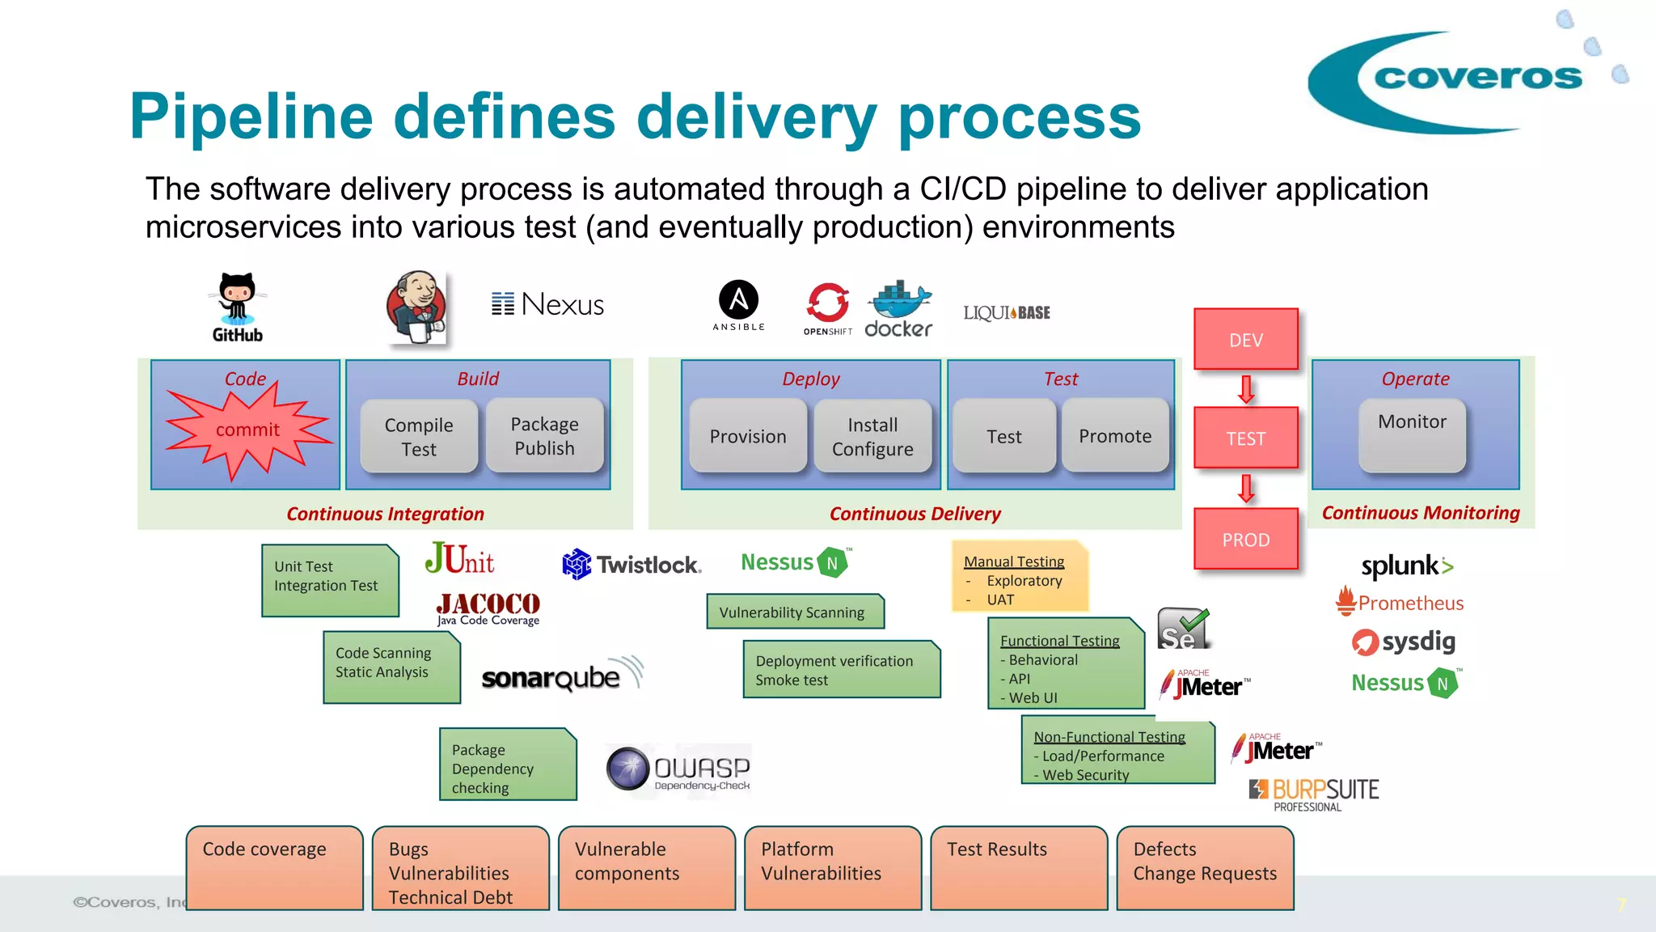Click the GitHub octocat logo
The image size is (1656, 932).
coord(237,299)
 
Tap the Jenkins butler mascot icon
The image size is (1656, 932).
coord(416,308)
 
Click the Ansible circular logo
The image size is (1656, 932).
coord(738,300)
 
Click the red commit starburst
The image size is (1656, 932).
coord(247,430)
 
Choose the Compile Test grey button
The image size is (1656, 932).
coord(419,437)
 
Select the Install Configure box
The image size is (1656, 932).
coord(872,437)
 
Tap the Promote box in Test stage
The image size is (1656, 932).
coord(1115,436)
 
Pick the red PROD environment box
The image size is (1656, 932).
coord(1245,540)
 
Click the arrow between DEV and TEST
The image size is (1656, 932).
coord(1246,389)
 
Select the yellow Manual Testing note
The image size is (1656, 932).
coord(1020,577)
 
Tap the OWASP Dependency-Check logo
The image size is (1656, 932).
coord(678,769)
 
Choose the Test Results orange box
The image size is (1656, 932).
coord(1018,867)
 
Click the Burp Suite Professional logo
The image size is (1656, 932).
coord(1314,794)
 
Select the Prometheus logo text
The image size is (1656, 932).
coord(1410,603)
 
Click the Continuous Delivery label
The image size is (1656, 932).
coord(915,514)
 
